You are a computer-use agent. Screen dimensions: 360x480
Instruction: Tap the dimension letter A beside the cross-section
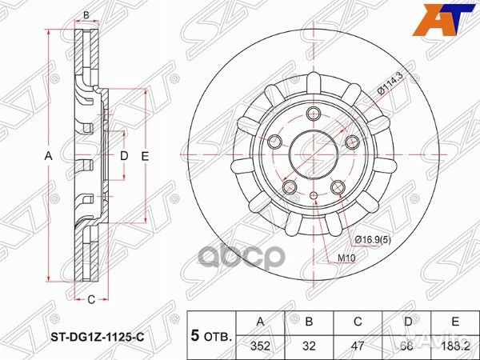click(x=47, y=157)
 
